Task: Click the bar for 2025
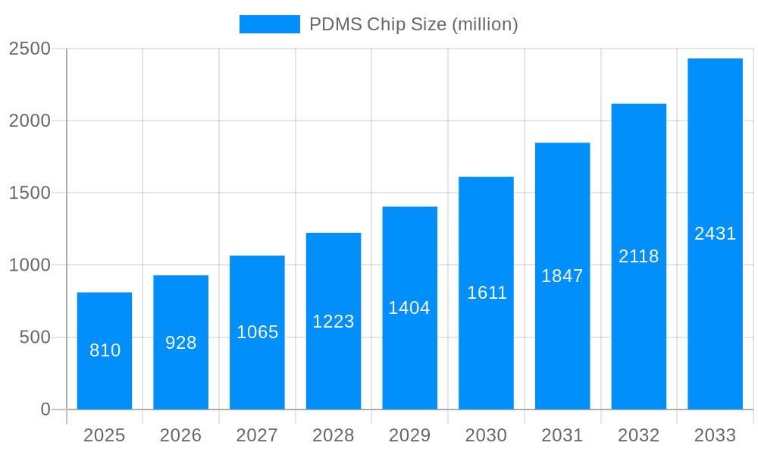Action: (105, 350)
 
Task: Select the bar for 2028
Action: (334, 321)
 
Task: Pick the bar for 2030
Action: (486, 293)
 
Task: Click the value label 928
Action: (181, 343)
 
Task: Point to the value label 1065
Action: (258, 332)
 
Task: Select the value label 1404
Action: (409, 308)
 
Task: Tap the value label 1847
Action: (562, 276)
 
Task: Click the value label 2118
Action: (639, 256)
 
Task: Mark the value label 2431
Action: (715, 234)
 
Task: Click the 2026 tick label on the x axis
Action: (181, 435)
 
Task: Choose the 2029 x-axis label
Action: (409, 435)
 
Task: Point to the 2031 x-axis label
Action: (562, 435)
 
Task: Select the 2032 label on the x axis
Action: (639, 435)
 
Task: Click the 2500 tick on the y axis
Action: (30, 49)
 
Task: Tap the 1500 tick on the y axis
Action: (30, 193)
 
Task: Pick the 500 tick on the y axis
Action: (35, 337)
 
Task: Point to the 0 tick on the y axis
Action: (45, 409)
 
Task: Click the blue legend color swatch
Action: (270, 24)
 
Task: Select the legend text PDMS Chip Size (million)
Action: (414, 24)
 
